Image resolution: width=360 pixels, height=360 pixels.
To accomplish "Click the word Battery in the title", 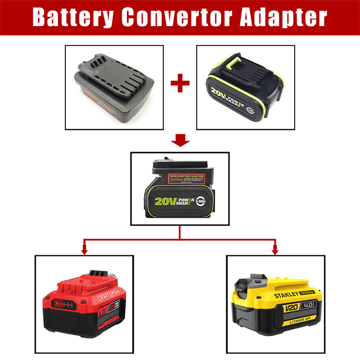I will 72,18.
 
